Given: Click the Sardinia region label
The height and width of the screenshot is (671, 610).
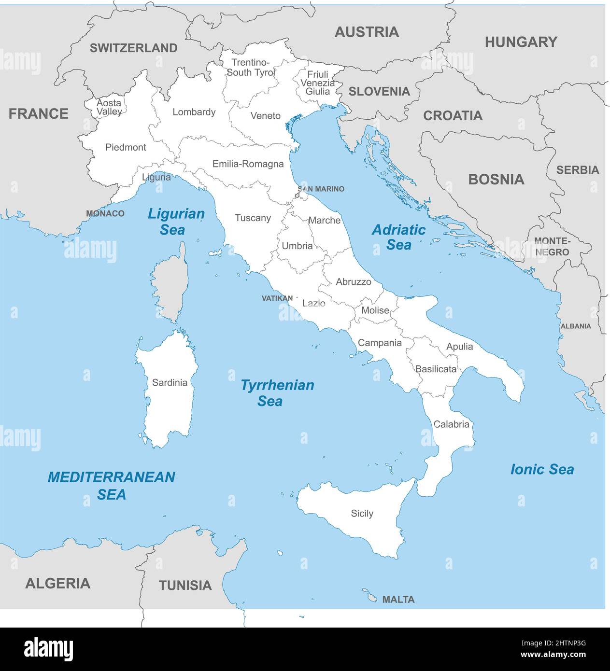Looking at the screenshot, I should [x=170, y=383].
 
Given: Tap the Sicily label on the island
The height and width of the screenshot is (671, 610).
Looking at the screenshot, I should [x=362, y=514].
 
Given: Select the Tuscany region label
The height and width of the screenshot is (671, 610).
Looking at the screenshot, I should [x=253, y=218].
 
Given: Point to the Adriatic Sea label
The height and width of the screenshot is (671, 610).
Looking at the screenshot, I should [x=398, y=237].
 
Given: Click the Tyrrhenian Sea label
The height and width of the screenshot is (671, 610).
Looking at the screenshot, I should [x=277, y=393].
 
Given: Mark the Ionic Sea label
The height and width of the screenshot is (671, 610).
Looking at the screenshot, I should [x=542, y=469].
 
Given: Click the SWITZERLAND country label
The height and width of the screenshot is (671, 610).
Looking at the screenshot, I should [x=133, y=48].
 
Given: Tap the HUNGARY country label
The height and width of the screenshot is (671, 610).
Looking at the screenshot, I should [x=521, y=42].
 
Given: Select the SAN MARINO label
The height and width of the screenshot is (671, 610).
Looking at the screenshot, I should [x=321, y=189].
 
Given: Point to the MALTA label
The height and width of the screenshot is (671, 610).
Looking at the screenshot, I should [x=398, y=600].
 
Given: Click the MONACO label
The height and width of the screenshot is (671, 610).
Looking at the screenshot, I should [x=105, y=213].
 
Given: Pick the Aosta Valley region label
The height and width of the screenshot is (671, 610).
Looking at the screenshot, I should [x=109, y=107].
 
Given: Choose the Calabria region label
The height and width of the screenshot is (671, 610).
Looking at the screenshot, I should [x=451, y=424].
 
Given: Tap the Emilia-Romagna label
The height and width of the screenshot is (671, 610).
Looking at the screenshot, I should [x=248, y=164].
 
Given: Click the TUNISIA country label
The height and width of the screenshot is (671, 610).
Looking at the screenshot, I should [x=185, y=586].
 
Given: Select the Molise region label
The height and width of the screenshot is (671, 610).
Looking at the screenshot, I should [x=375, y=310].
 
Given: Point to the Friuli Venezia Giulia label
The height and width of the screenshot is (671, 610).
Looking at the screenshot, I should [x=317, y=83].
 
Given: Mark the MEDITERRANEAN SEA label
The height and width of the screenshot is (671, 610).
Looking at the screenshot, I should [x=111, y=485].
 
